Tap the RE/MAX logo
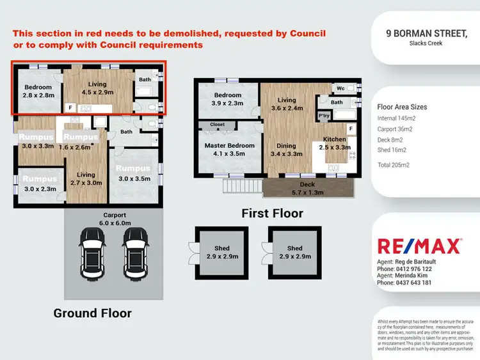(x=419, y=246)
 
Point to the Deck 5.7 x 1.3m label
(x=308, y=187)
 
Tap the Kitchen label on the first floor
(x=334, y=139)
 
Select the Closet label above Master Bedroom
(x=217, y=125)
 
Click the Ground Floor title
(x=92, y=313)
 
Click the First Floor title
(x=272, y=213)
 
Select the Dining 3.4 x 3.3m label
(x=286, y=150)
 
